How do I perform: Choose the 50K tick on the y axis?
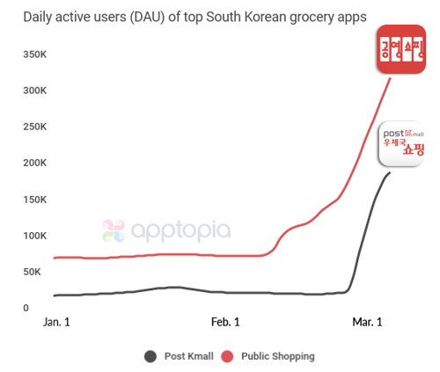(34, 272)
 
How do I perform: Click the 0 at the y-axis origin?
(26, 308)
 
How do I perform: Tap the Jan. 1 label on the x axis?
(56, 323)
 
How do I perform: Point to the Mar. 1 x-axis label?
(368, 323)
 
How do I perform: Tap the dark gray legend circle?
(150, 356)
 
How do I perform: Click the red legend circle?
(227, 356)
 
